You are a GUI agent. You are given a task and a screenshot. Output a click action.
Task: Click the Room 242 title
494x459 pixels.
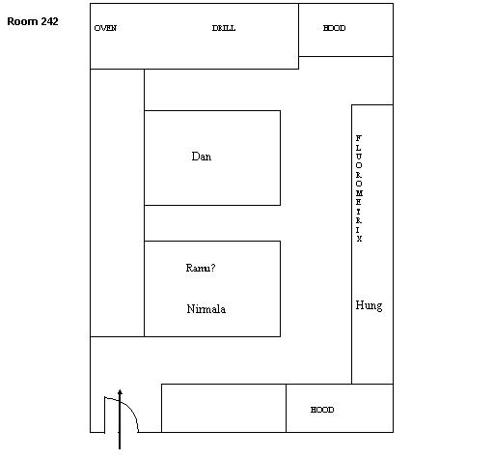[33, 21]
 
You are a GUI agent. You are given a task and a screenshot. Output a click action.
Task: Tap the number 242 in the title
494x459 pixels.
[50, 21]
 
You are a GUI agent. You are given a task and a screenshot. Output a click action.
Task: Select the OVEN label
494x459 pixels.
[105, 28]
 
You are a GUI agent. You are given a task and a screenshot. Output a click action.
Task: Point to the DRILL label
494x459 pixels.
[224, 28]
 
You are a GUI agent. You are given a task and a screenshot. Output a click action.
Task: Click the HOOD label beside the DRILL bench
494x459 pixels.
[334, 28]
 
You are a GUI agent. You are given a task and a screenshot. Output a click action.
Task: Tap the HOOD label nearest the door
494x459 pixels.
[322, 410]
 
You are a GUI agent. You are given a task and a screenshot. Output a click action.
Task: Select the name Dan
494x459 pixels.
[202, 157]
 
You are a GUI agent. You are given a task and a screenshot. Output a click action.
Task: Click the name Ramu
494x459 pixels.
[198, 268]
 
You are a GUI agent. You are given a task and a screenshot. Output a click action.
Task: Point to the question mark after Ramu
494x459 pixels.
[213, 268]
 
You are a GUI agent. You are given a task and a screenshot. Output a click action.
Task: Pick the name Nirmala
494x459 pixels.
[206, 309]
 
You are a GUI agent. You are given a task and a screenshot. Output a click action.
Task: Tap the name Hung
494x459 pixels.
[369, 305]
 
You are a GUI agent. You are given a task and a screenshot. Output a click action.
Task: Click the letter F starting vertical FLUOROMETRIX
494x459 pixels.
[359, 138]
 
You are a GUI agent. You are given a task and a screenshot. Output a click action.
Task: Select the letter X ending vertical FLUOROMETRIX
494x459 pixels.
[359, 239]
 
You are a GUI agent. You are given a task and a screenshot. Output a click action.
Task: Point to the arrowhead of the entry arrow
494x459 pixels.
[120, 392]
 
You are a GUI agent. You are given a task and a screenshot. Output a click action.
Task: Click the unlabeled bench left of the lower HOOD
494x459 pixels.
[224, 408]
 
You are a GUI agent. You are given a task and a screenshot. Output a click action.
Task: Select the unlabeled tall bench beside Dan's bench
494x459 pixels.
[117, 203]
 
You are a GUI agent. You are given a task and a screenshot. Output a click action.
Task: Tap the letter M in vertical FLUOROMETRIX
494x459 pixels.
[359, 193]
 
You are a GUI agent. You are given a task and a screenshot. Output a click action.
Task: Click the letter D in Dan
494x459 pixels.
[195, 157]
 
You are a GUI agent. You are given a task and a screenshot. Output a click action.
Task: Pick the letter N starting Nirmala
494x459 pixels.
[190, 309]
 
